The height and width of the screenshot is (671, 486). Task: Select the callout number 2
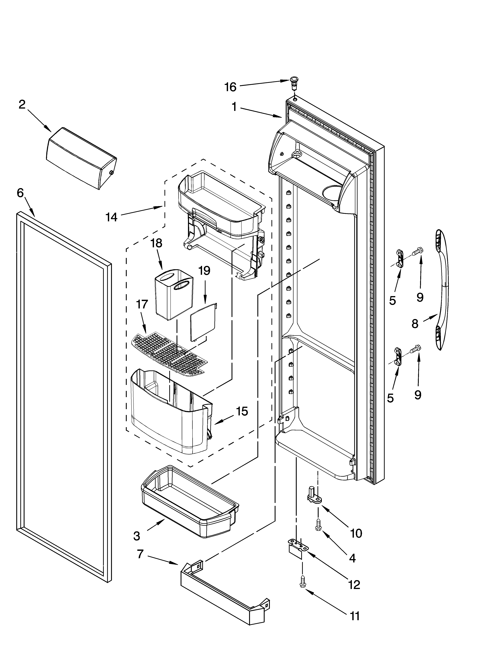pyautogui.click(x=22, y=105)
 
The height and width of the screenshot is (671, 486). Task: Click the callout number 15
pyautogui.click(x=242, y=411)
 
